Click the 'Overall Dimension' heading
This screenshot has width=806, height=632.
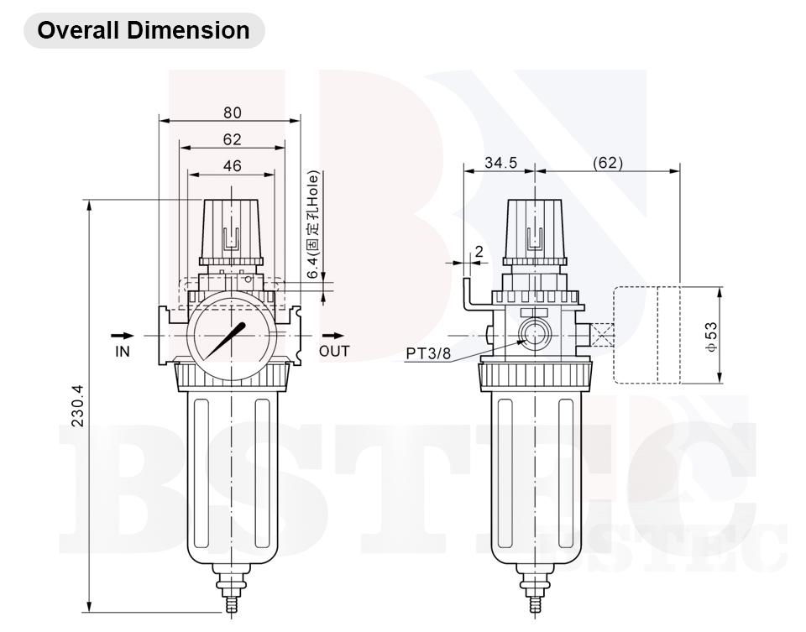144,30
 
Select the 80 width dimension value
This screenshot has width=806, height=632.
232,112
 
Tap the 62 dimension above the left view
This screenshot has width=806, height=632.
232,139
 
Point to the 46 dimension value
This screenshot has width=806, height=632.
232,166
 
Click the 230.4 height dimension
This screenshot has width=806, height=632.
77,405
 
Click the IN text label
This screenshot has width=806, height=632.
123,352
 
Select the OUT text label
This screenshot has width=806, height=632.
334,352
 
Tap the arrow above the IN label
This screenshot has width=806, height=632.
123,335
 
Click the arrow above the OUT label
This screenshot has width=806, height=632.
334,335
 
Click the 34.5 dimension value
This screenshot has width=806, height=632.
500,163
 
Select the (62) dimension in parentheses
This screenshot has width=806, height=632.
608,163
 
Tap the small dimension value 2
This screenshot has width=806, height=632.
479,251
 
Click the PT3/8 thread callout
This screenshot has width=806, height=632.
428,353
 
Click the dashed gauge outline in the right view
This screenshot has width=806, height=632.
646,335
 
